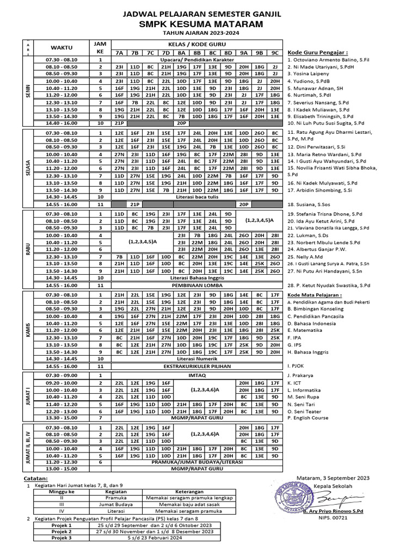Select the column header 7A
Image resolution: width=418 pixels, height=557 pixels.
click(x=119, y=53)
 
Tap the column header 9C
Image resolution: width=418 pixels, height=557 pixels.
click(x=275, y=53)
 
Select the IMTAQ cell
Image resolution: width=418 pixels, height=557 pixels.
click(x=196, y=375)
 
